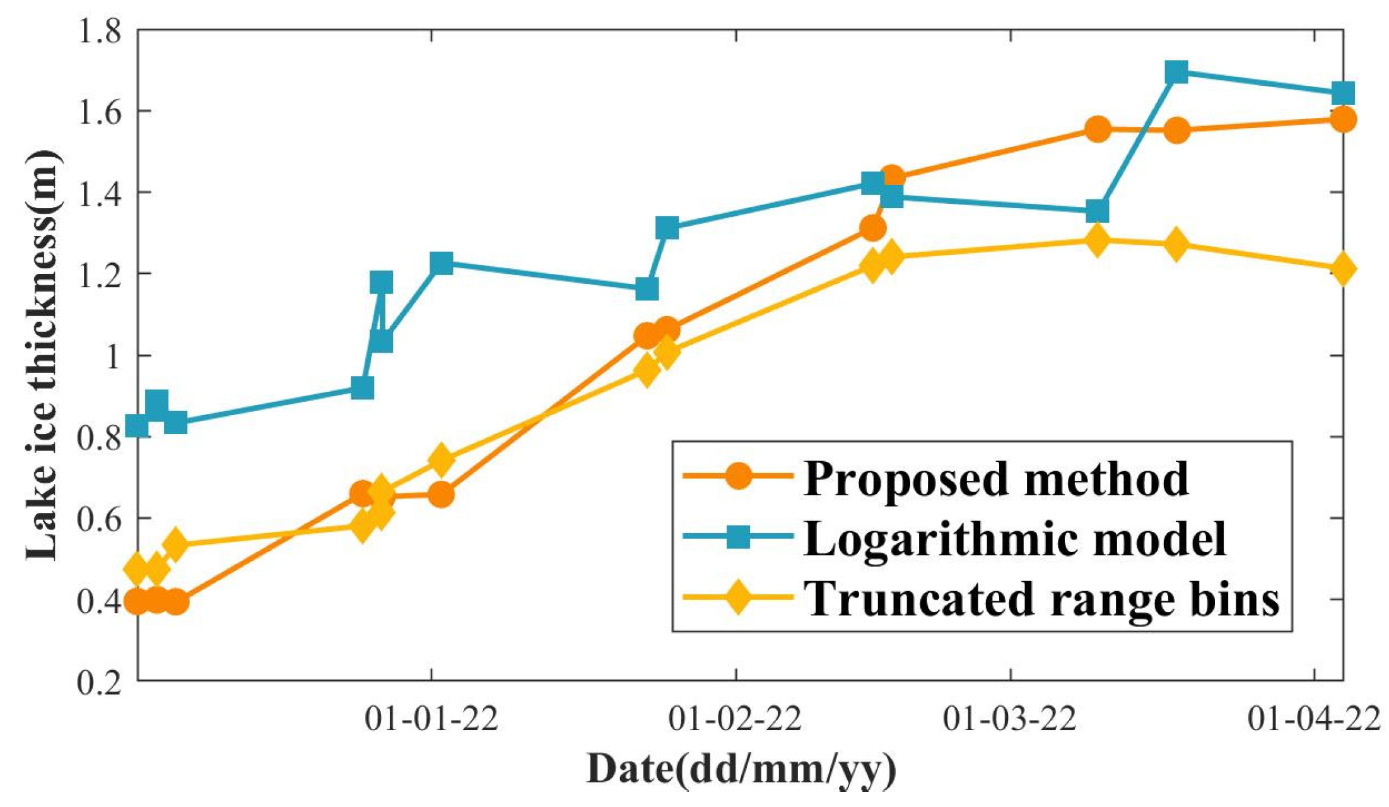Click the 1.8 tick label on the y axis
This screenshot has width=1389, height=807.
99,30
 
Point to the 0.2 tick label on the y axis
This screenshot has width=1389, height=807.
99,682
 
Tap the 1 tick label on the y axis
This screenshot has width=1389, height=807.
114,356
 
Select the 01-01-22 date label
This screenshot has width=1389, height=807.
431,719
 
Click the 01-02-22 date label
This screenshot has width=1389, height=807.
736,719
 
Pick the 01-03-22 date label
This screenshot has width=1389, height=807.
1010,719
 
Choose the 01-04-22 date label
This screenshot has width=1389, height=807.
1315,719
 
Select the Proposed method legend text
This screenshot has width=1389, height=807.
995,478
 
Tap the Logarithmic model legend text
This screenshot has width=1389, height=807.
1014,538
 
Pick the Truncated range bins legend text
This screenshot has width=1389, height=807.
1041,598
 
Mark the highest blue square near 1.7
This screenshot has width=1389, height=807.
1176,73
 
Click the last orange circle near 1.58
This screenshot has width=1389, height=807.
1343,119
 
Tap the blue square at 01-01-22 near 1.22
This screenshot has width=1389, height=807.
442,263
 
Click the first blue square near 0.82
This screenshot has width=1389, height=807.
138,427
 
